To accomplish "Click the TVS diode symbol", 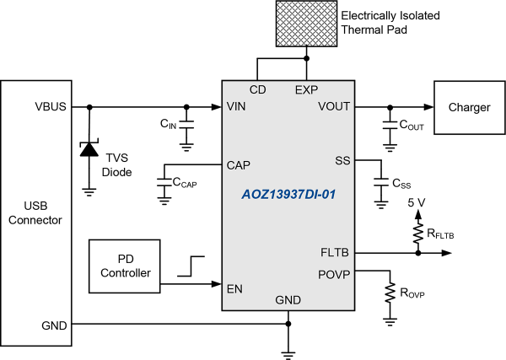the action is [x=89, y=148].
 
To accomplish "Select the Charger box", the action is [x=470, y=107].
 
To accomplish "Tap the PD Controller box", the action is [x=125, y=266].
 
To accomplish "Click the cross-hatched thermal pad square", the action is [x=307, y=24].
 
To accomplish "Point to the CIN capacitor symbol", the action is [x=186, y=125].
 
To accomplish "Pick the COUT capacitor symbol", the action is [x=390, y=126].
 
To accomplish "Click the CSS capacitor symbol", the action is [x=381, y=182].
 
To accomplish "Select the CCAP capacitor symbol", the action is [x=164, y=182].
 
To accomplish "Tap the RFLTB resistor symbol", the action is [x=418, y=233].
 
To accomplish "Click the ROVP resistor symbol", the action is [x=390, y=293].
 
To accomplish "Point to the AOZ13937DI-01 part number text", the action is [x=288, y=195].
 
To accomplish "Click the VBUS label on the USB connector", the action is [x=51, y=106].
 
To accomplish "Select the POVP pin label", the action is [x=334, y=275].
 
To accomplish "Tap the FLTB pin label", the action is [x=335, y=252].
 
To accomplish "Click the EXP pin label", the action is [x=307, y=89].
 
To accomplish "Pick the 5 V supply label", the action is [x=417, y=202].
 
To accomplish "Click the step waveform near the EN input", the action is [x=191, y=266].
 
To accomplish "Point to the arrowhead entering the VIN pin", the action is [x=217, y=107].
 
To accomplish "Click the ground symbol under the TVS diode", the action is [x=89, y=192].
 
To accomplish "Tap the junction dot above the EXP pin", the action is [x=307, y=58].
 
